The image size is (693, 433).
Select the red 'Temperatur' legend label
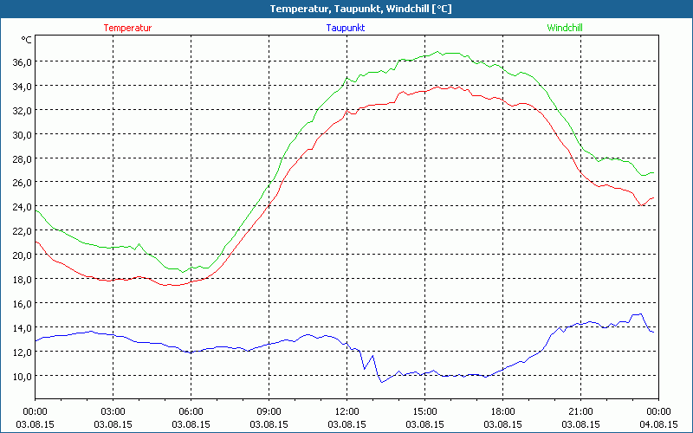pos(127,28)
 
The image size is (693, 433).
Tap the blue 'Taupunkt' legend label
pos(346,28)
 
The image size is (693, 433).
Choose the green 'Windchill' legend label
pos(565,28)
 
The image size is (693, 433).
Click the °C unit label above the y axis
pos(27,40)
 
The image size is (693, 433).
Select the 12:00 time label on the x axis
pos(346,411)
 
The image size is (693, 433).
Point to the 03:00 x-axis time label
pos(113,411)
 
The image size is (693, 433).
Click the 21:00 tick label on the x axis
pos(580,411)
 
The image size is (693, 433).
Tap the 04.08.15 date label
pos(658,424)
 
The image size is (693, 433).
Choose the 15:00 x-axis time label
pos(424,411)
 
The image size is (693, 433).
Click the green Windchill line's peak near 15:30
pos(438,52)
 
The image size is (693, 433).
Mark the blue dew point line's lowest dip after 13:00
pos(381,382)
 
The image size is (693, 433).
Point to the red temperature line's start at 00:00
pos(36,242)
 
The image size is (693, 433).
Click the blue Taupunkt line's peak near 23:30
pos(641,314)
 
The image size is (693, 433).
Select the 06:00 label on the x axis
pos(191,411)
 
